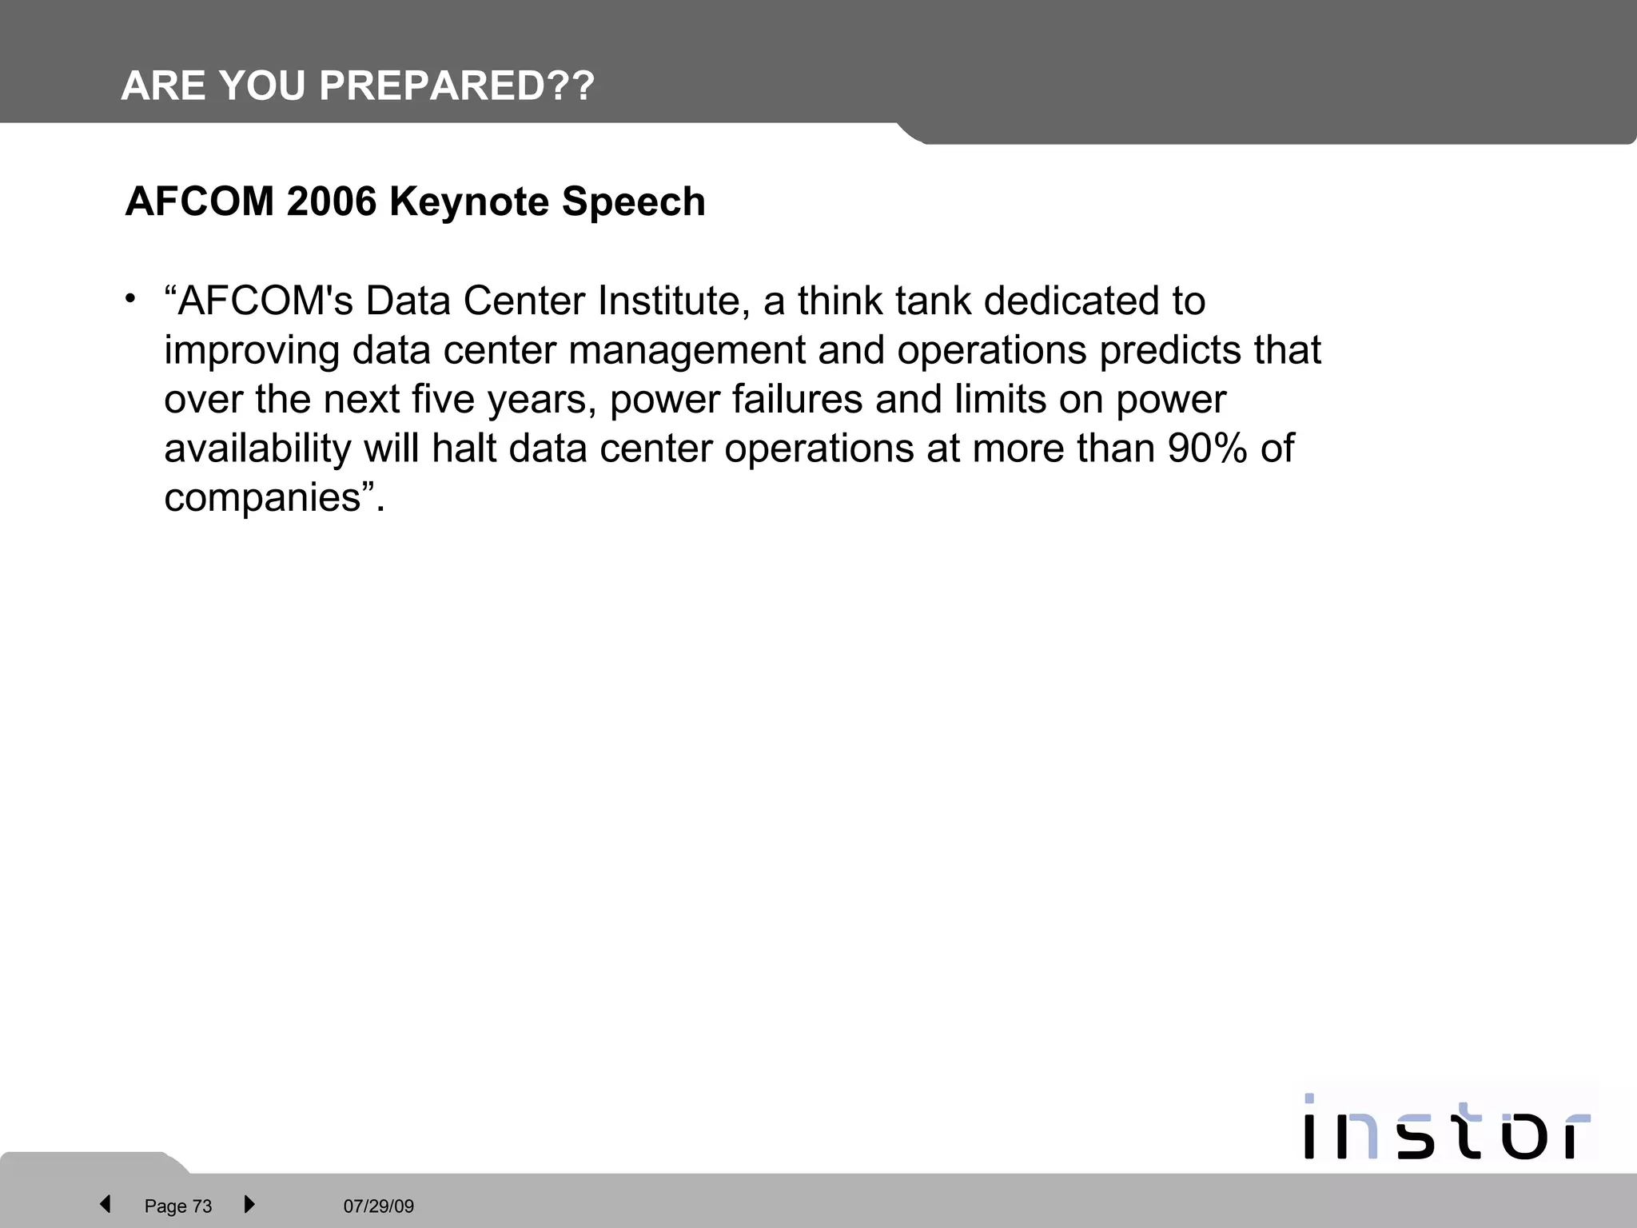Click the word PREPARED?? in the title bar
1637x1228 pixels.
pyautogui.click(x=456, y=86)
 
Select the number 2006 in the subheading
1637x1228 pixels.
pyautogui.click(x=331, y=201)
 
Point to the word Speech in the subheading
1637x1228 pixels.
pyautogui.click(x=633, y=201)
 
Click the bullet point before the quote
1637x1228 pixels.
pyautogui.click(x=130, y=299)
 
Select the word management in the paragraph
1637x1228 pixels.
pyautogui.click(x=687, y=351)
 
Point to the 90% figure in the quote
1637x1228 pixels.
pyautogui.click(x=1207, y=449)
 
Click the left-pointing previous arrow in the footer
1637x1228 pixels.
pyautogui.click(x=105, y=1204)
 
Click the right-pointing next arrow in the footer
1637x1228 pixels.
pyautogui.click(x=249, y=1204)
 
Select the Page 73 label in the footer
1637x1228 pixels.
pyautogui.click(x=178, y=1206)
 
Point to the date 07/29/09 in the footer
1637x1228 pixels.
pyautogui.click(x=379, y=1206)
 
